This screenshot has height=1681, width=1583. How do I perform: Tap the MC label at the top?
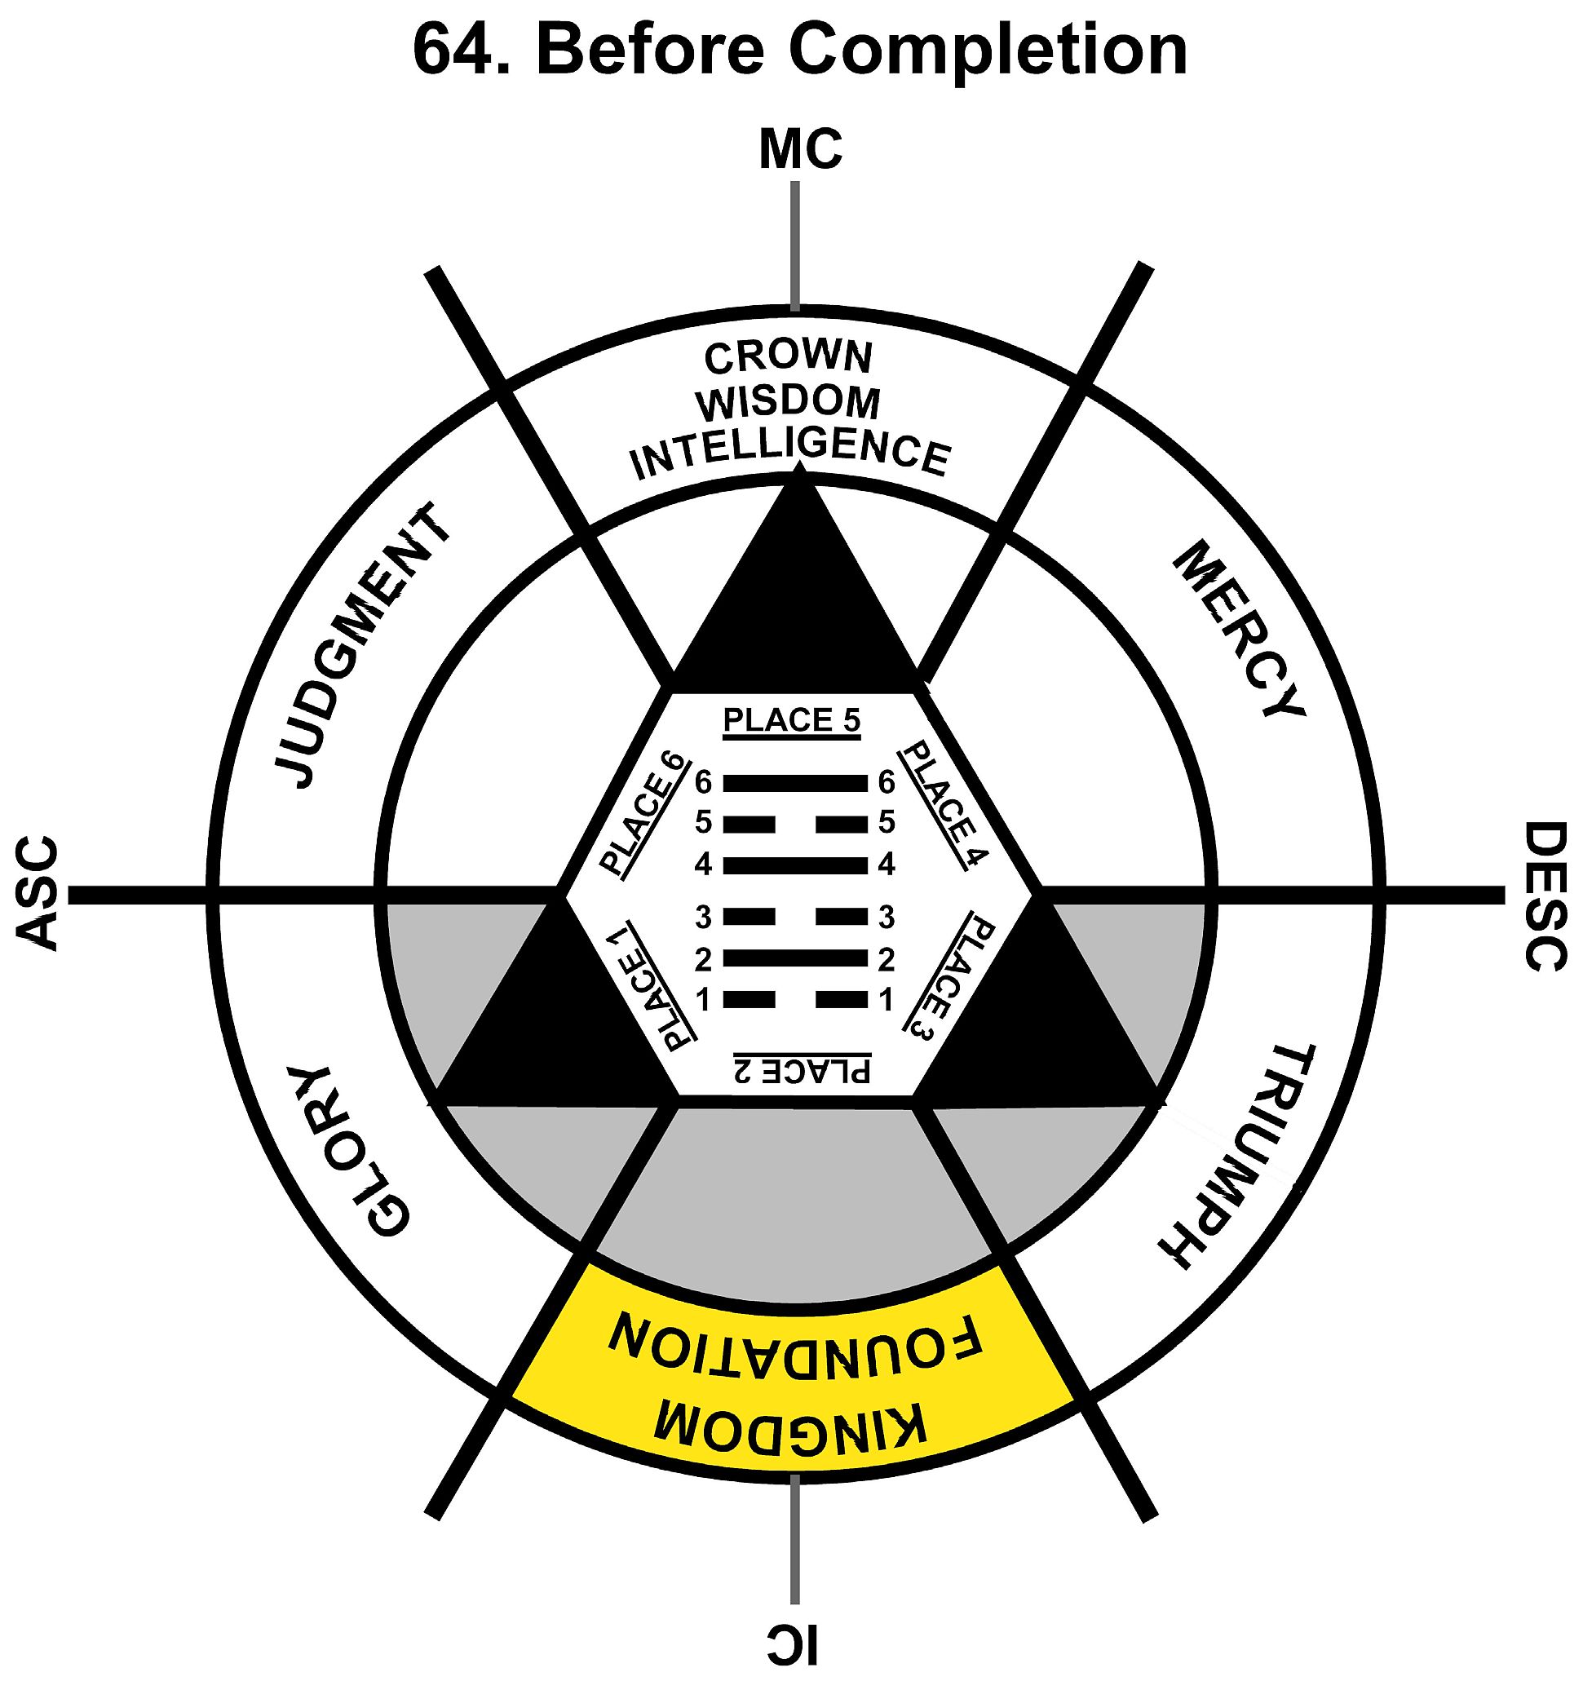[x=800, y=149]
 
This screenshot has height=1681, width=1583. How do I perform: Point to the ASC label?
[x=38, y=894]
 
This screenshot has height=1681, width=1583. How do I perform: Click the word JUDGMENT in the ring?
[x=362, y=647]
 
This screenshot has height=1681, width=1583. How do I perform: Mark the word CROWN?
[x=788, y=358]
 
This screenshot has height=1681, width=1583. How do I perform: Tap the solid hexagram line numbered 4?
[x=795, y=865]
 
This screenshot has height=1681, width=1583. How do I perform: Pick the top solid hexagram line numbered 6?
[x=795, y=783]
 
